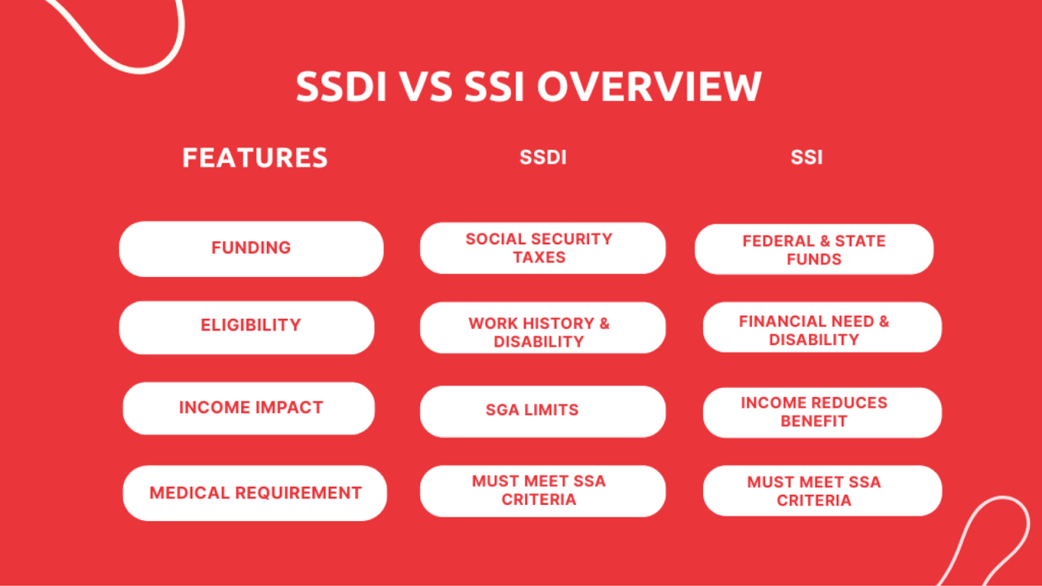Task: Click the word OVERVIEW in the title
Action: [x=649, y=87]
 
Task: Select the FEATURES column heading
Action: [x=255, y=158]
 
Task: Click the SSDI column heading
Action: [x=542, y=158]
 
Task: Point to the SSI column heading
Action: [x=806, y=158]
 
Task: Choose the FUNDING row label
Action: [x=251, y=248]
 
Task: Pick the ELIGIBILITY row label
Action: [x=251, y=326]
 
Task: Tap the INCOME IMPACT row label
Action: [x=251, y=408]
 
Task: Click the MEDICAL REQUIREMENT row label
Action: [x=255, y=493]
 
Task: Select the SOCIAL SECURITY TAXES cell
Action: [x=542, y=248]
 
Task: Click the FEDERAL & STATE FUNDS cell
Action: [x=814, y=249]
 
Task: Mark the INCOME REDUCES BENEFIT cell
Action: [x=822, y=412]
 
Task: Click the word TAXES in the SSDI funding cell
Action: [x=539, y=258]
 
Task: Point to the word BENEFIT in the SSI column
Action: [x=813, y=421]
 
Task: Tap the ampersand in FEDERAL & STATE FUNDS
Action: [x=825, y=241]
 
